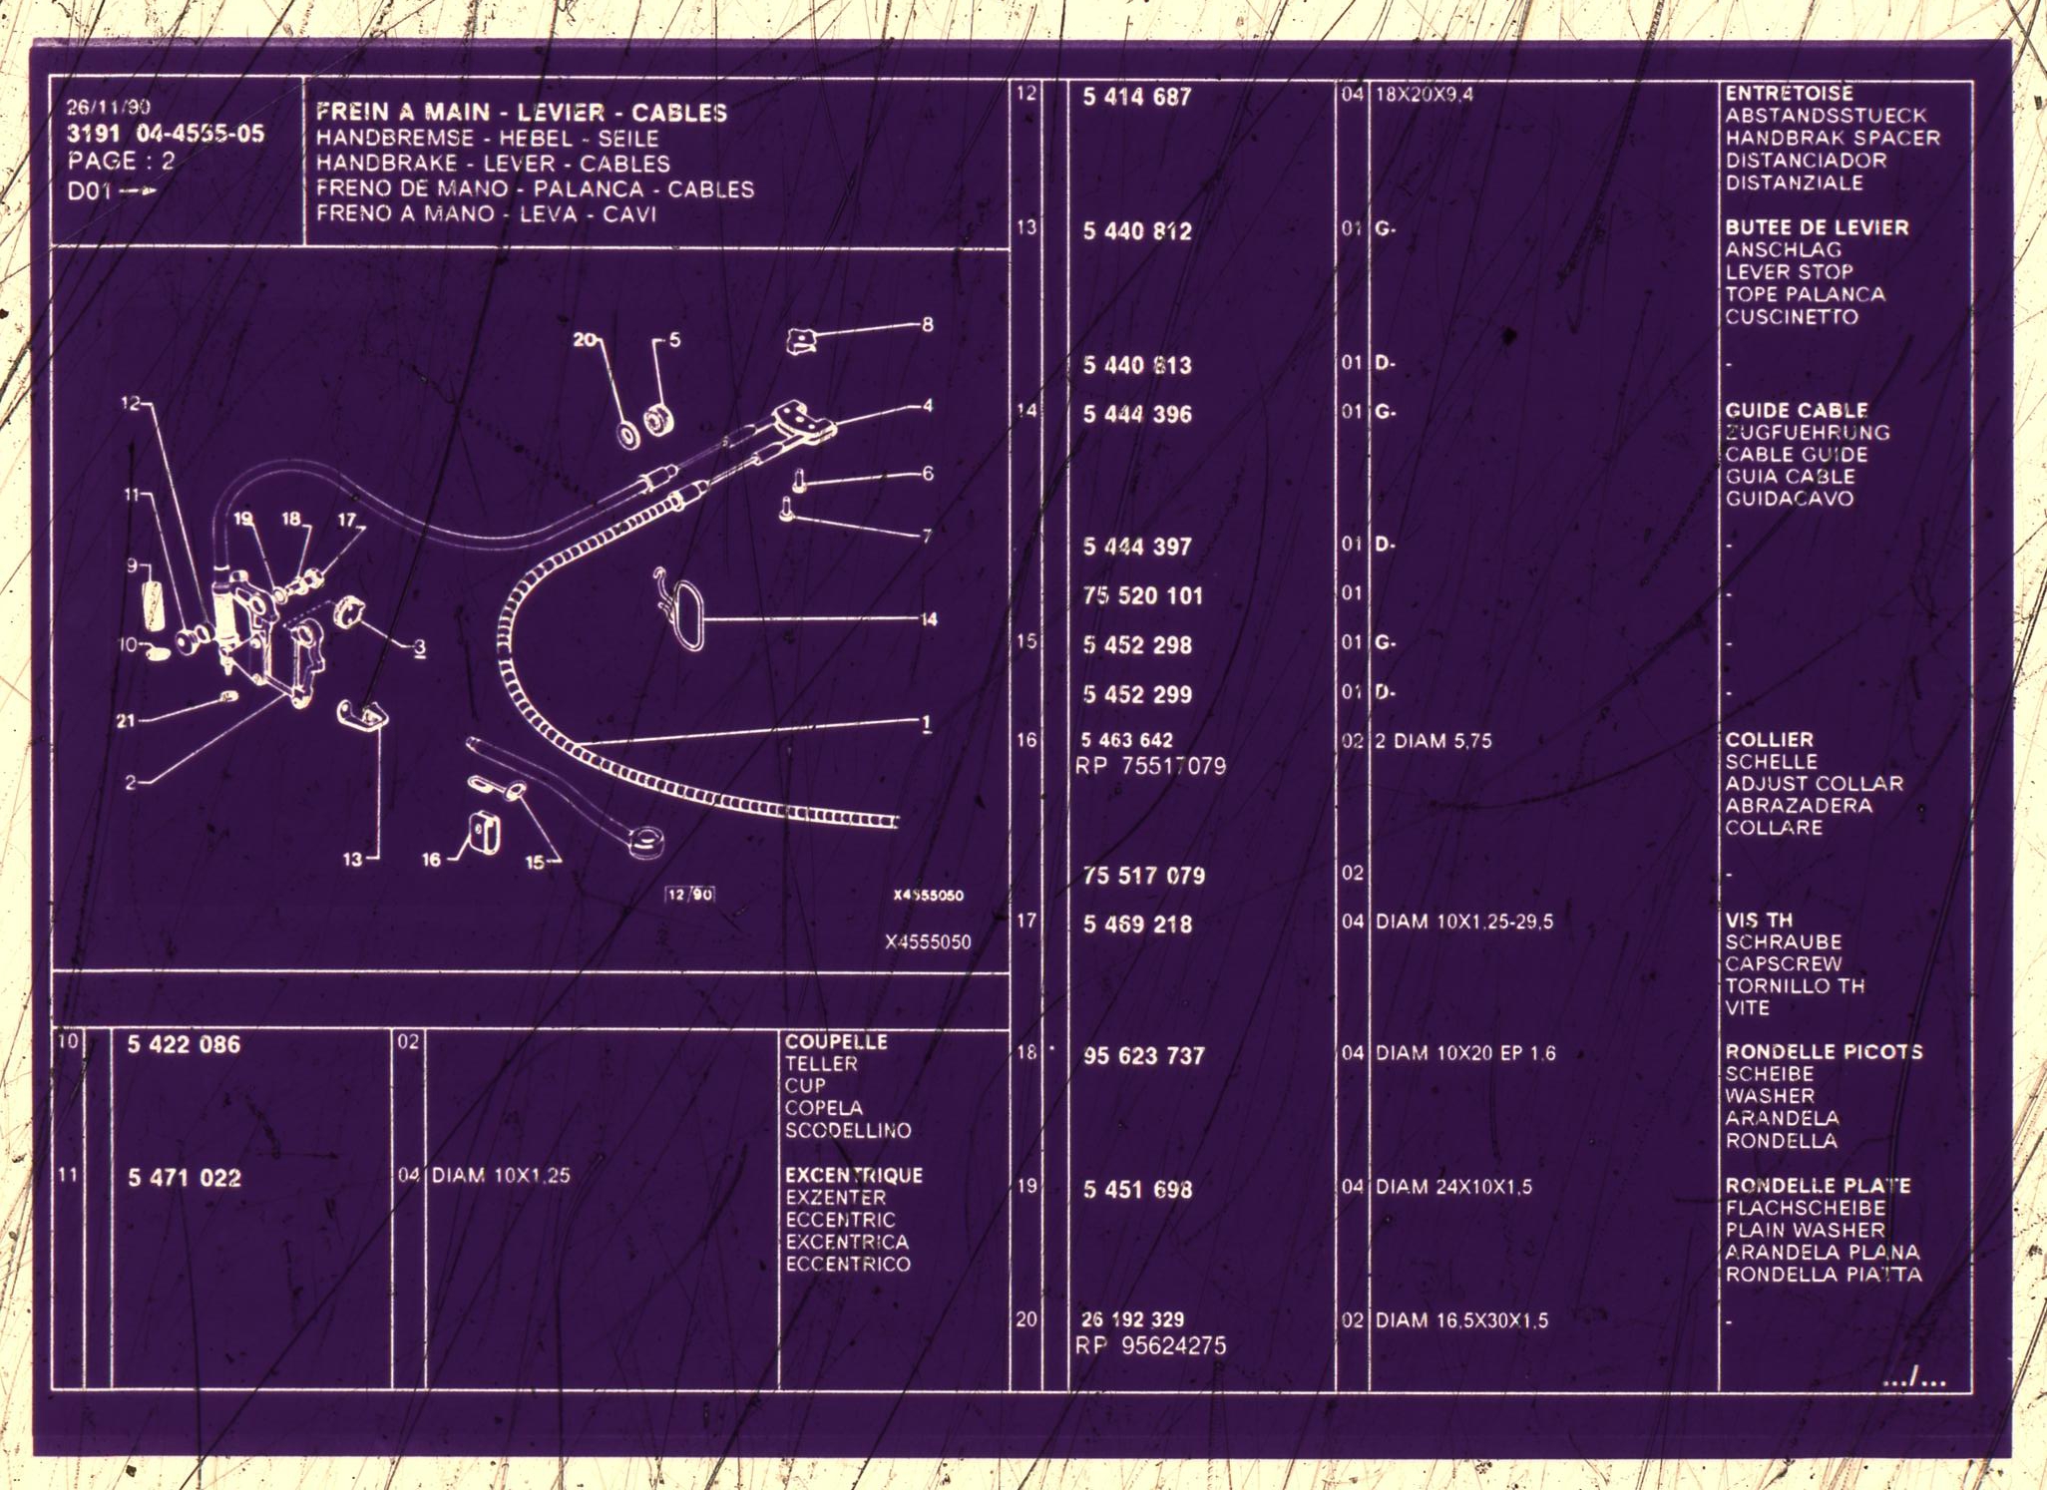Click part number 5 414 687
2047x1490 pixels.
coord(1137,98)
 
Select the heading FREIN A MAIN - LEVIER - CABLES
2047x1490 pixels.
coord(522,113)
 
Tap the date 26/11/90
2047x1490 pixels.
coord(109,107)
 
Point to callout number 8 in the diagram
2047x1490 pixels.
coord(928,325)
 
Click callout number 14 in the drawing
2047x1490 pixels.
coord(929,619)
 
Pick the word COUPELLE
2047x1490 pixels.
coord(836,1042)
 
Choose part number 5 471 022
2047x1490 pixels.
coord(185,1179)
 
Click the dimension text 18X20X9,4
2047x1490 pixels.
coord(1425,95)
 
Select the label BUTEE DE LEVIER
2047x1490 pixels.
coord(1817,227)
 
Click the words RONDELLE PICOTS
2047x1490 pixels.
coord(1824,1052)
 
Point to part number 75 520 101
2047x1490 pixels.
coord(1143,596)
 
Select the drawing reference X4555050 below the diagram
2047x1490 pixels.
coord(928,942)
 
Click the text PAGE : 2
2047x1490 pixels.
coord(121,161)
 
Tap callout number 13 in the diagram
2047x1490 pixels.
coord(353,859)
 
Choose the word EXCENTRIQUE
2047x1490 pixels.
coord(854,1176)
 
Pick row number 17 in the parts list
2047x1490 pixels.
coord(1026,921)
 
